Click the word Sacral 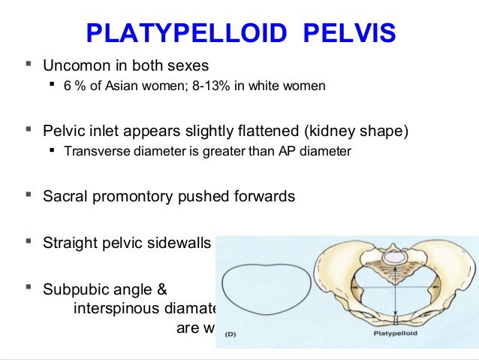(x=65, y=197)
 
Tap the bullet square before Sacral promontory (x=29, y=197)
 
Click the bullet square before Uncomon (x=29, y=65)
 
